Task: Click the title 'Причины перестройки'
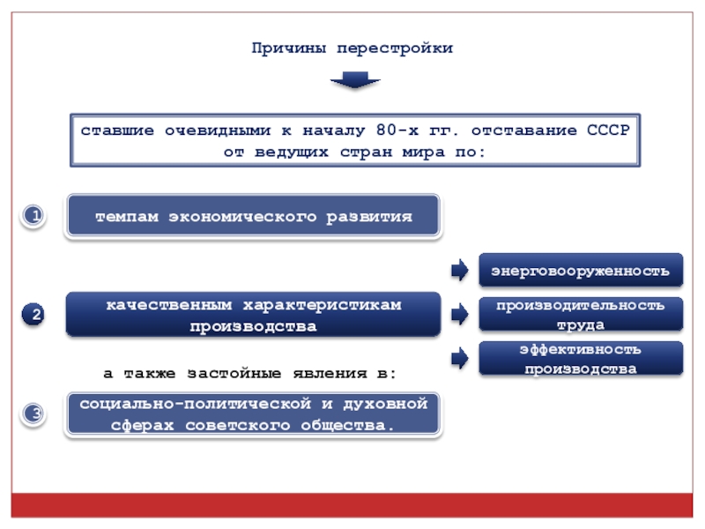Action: coord(352,48)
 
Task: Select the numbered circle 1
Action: coord(33,216)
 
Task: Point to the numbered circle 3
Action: coord(33,414)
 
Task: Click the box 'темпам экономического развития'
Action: coord(254,216)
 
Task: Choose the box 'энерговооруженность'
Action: coord(581,271)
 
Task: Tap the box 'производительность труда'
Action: coord(581,315)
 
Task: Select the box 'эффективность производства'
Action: coord(581,359)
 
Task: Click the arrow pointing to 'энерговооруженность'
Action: coord(459,271)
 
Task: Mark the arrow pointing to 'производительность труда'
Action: coord(459,315)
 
